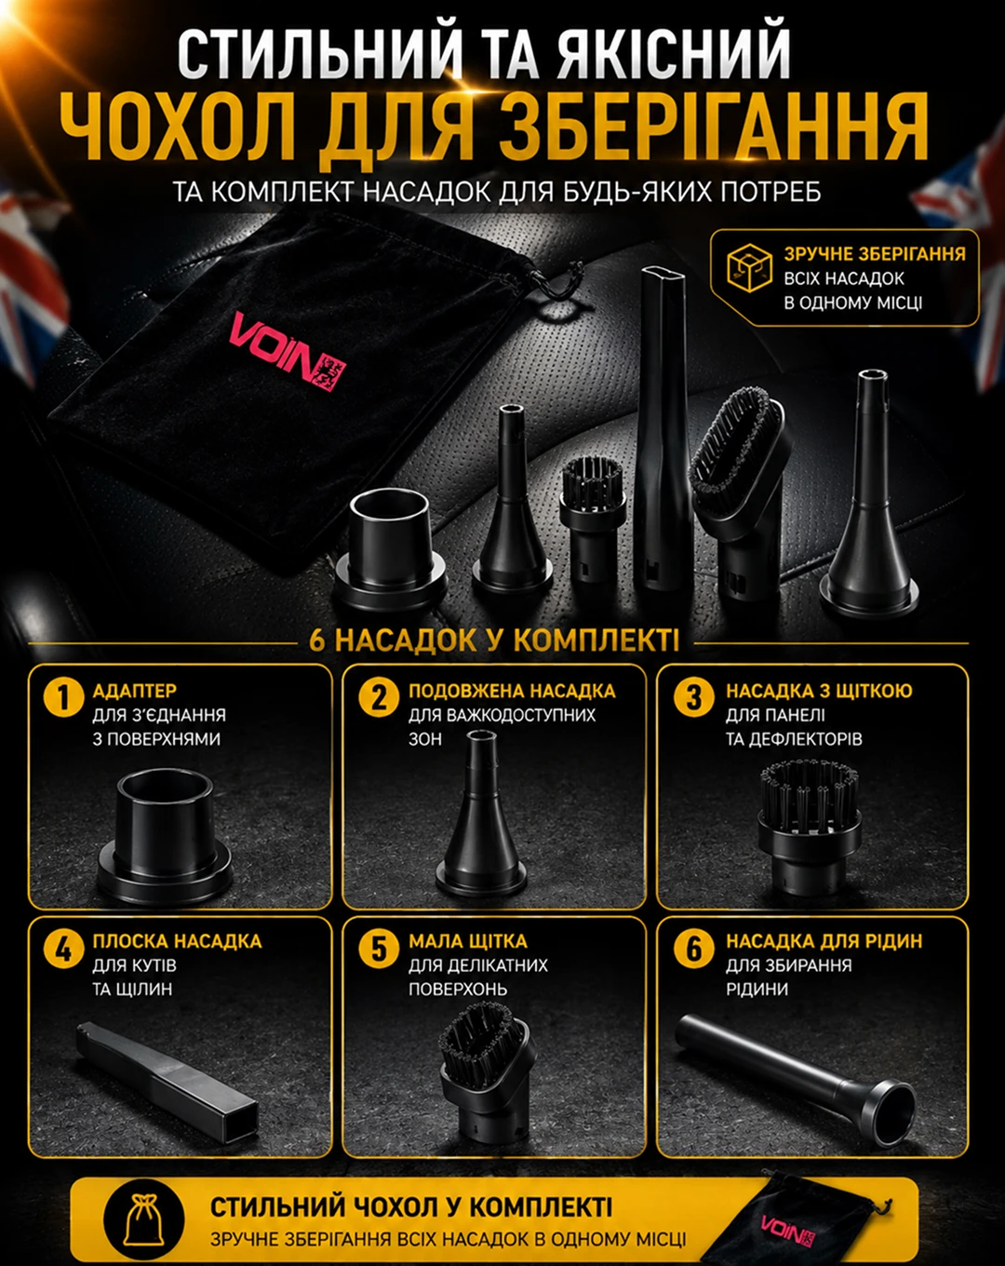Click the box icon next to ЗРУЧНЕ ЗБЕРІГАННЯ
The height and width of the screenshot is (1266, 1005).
coord(749,267)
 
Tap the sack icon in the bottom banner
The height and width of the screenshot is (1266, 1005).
coord(143,1220)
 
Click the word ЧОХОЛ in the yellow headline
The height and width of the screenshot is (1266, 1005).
coord(178,128)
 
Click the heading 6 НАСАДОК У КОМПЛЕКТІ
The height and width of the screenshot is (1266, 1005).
coord(494,640)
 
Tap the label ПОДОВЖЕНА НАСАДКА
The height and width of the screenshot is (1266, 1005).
coord(512,691)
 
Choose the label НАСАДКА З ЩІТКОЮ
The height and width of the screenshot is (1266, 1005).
coord(819,691)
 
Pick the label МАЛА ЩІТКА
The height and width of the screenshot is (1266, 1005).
coord(467,941)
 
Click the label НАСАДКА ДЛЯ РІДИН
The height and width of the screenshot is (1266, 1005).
coord(824,941)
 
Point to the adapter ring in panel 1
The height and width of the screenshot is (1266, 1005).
coord(165,836)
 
